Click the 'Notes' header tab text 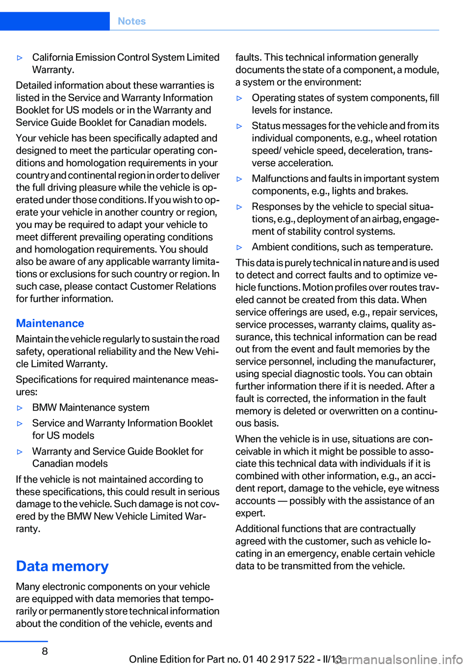coord(131,21)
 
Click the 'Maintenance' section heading coord(50,323)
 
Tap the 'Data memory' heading coord(62,566)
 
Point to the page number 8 coord(45,651)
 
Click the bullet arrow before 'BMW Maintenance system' coord(20,408)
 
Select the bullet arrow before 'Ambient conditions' coord(239,248)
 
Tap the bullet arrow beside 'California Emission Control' coord(20,58)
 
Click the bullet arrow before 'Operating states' coord(239,98)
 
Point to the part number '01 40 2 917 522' coord(278,659)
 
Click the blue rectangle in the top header coord(54,21)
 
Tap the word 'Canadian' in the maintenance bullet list coord(53,463)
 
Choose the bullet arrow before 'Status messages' coord(239,126)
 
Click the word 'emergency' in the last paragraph coord(311,553)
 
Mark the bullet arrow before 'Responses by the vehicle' coord(239,207)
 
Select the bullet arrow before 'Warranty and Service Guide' coord(20,452)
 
